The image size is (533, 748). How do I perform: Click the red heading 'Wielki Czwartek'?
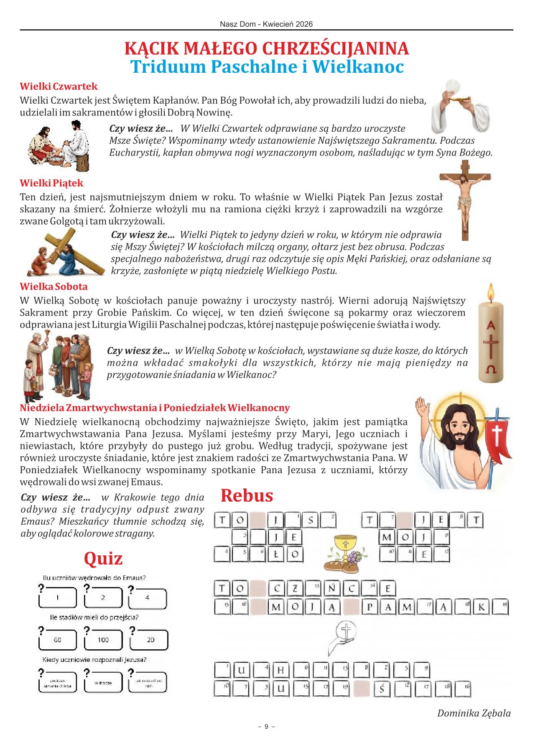coord(59,87)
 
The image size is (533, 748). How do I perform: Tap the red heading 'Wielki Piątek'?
coord(52,183)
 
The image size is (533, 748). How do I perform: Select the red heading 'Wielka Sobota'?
coord(54,287)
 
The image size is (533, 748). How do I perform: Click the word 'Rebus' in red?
coord(247,496)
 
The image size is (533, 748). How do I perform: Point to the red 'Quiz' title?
coord(103,559)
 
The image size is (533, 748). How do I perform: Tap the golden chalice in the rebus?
coord(345,548)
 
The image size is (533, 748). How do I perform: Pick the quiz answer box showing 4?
coord(148,598)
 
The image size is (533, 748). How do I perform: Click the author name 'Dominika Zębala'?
coord(474,713)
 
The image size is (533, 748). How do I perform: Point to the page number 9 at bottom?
coord(266,727)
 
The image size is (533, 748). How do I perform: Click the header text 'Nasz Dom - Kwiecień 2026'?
coord(266,24)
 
